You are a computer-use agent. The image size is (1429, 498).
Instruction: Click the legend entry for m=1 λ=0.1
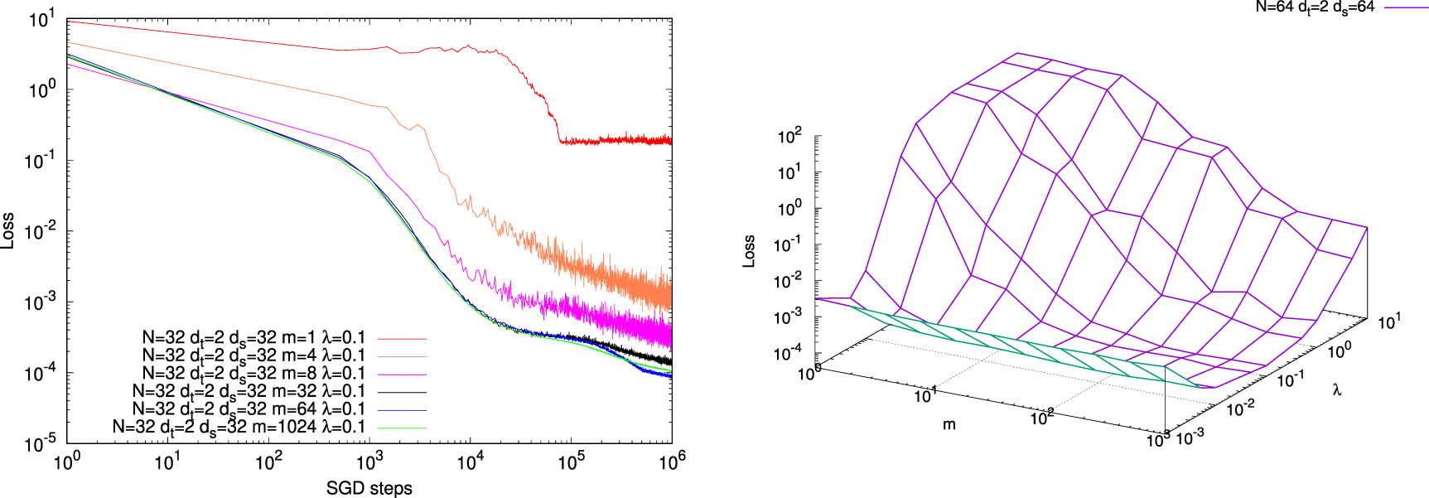tap(253, 338)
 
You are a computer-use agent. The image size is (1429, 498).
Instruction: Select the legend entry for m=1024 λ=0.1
tap(239, 427)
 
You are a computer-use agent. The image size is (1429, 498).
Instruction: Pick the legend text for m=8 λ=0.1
tap(253, 374)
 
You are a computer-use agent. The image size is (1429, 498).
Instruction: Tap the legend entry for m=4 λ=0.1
tap(253, 355)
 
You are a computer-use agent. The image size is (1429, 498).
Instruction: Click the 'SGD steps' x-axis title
tap(369, 488)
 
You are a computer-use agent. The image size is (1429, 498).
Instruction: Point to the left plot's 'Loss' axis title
tap(8, 231)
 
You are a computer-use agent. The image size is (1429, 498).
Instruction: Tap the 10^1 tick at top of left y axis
tap(41, 19)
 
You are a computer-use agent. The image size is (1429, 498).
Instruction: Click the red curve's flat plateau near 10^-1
tap(613, 140)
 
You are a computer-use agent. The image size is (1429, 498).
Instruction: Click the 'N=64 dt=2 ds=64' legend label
tap(1315, 7)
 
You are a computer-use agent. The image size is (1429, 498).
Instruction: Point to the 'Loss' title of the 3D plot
tap(749, 251)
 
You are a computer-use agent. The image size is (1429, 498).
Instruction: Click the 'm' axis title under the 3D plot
tap(949, 424)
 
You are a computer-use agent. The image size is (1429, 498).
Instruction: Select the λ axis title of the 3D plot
tap(1337, 389)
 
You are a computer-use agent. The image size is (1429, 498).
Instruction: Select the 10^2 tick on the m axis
tap(1042, 418)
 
